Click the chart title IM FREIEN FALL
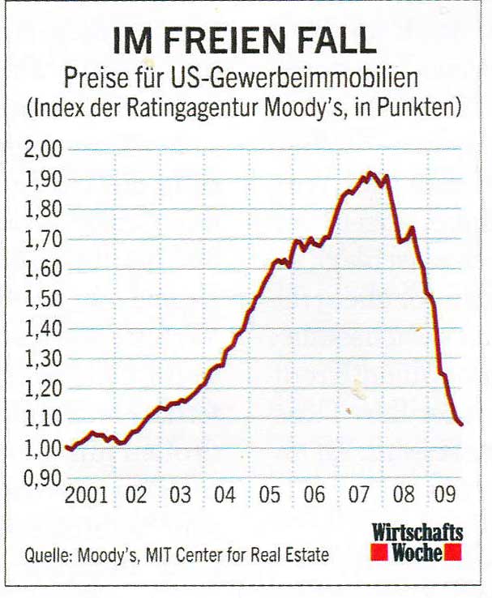(x=244, y=40)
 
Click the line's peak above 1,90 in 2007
(x=370, y=172)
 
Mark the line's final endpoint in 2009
(x=462, y=424)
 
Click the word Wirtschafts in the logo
(x=417, y=533)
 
